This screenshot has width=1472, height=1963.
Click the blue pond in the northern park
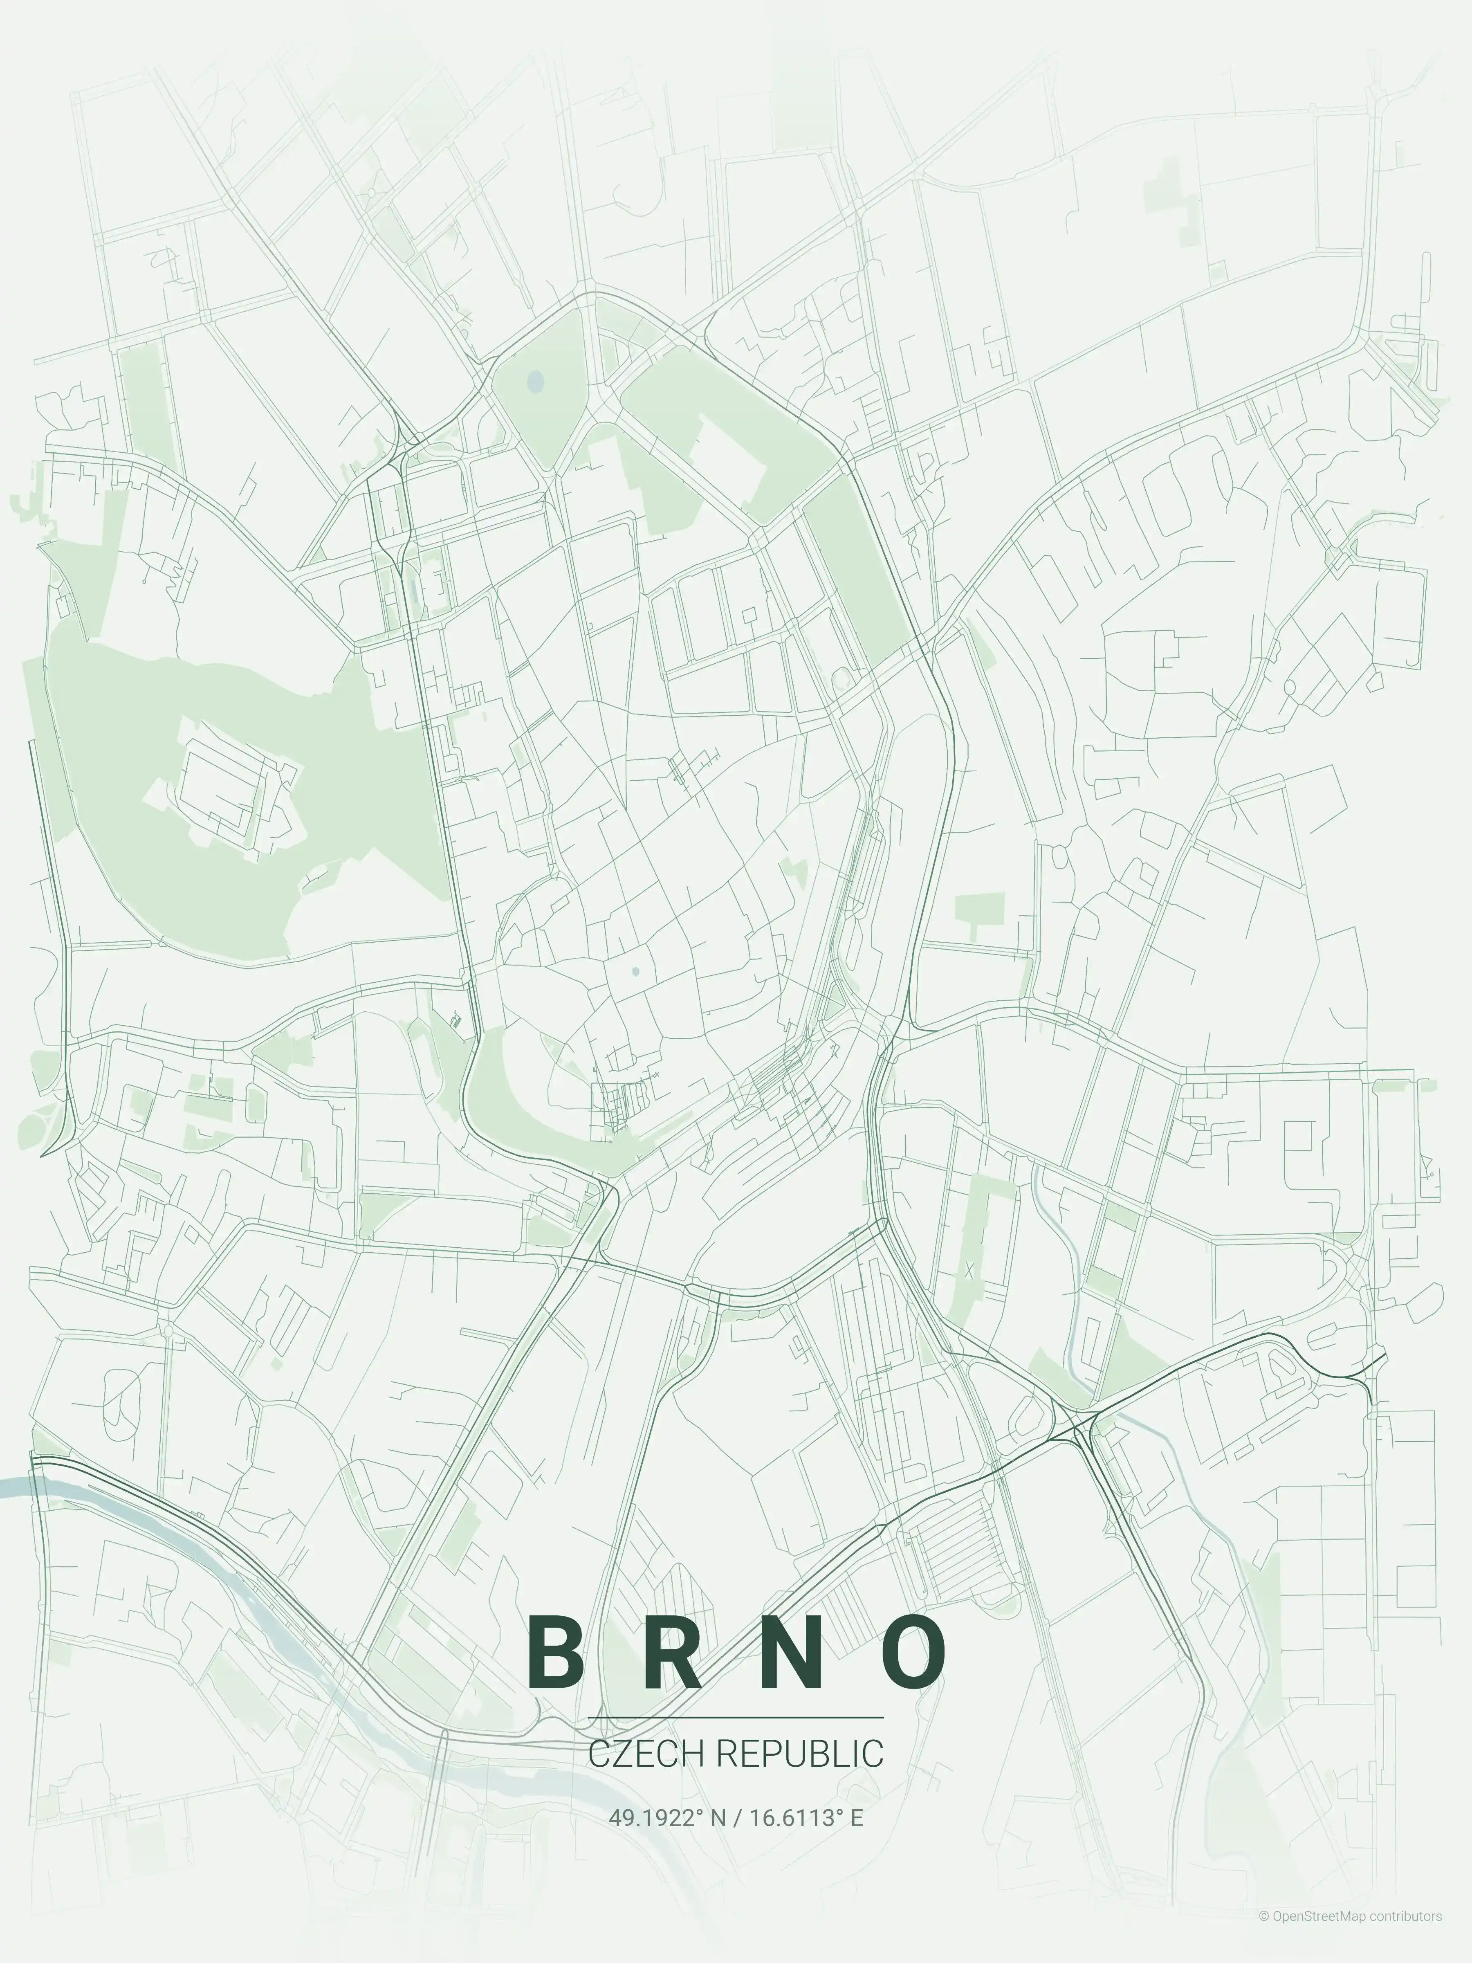pyautogui.click(x=534, y=382)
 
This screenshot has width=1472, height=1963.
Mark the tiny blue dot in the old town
pyautogui.click(x=635, y=972)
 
